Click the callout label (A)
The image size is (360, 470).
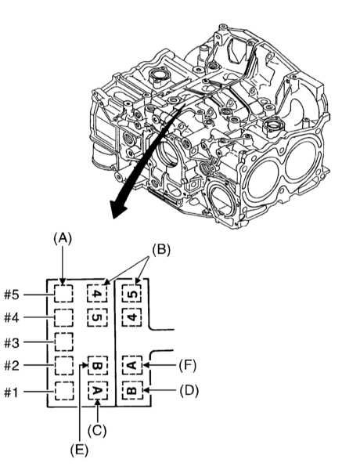pos(63,239)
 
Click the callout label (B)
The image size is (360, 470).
pos(161,250)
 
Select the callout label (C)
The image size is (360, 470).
pos(97,431)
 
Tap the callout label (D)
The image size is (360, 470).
pos(189,391)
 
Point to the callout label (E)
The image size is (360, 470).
pos(79,450)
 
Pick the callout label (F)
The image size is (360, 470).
pos(188,365)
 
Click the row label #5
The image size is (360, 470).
pos(12,295)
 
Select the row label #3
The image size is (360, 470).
pos(12,342)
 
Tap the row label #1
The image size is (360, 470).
pos(11,392)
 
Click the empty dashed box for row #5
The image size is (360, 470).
pos(63,294)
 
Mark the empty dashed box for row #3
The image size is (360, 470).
pos(63,342)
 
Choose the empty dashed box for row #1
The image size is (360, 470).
pos(64,391)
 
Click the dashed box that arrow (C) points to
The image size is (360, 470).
pos(98,391)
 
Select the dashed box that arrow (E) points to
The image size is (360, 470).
pos(98,366)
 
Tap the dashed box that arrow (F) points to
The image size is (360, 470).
pos(132,365)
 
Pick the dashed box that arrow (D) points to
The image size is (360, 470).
pos(132,390)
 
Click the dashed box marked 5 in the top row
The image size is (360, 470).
pos(131,293)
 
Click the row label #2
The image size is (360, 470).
pos(12,366)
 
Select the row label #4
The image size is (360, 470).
pos(12,318)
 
